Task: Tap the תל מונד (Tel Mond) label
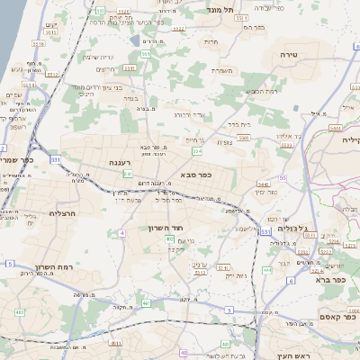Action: [220, 9]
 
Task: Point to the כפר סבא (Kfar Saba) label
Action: [195, 175]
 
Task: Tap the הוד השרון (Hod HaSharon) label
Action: [166, 228]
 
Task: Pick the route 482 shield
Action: [20, 312]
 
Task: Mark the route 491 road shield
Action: [114, 343]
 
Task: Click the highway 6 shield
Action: [267, 268]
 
